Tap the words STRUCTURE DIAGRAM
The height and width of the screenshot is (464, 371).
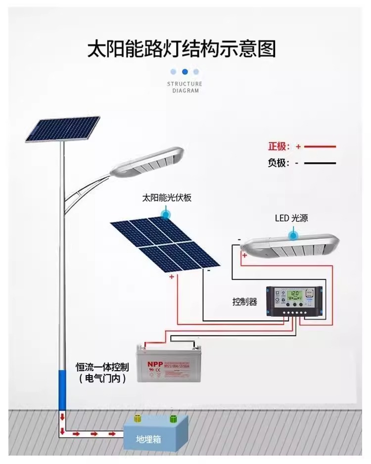tap(185, 87)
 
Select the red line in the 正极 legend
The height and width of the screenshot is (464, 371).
tap(320, 147)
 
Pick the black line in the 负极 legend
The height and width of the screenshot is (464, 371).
tap(320, 163)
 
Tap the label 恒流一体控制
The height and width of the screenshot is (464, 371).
tap(102, 367)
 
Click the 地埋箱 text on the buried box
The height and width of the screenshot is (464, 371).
tap(149, 439)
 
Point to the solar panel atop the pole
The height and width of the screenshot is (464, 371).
tap(62, 129)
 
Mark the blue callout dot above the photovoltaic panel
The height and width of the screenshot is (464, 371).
tap(166, 213)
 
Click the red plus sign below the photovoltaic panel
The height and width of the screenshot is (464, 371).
tap(172, 277)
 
